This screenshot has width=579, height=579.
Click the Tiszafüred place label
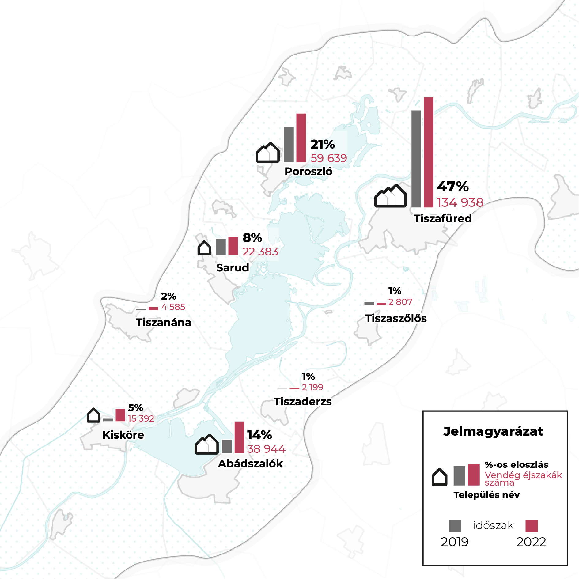point(443,218)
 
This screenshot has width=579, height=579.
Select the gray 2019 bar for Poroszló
point(289,145)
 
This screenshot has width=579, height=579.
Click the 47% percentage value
point(453,187)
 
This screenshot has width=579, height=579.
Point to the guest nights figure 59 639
point(329,158)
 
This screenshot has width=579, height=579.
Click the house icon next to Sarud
point(204,248)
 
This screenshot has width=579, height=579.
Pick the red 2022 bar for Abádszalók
point(239,437)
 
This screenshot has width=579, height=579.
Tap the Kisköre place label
point(123,435)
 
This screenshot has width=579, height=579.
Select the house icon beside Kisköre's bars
point(93,415)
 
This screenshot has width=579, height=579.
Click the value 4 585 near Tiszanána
point(173,307)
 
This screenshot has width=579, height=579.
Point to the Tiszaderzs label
point(303,401)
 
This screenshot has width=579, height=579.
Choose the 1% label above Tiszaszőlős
point(395,291)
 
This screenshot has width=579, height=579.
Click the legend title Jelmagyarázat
point(493,431)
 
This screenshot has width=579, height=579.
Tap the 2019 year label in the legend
point(455,542)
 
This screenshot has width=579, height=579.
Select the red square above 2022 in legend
point(532,525)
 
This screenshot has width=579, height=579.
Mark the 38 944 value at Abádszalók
point(266,449)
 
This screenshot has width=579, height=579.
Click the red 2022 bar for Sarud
point(233,246)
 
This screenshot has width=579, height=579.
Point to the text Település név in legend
point(486,495)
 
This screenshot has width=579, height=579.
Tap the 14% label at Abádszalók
point(259,435)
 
